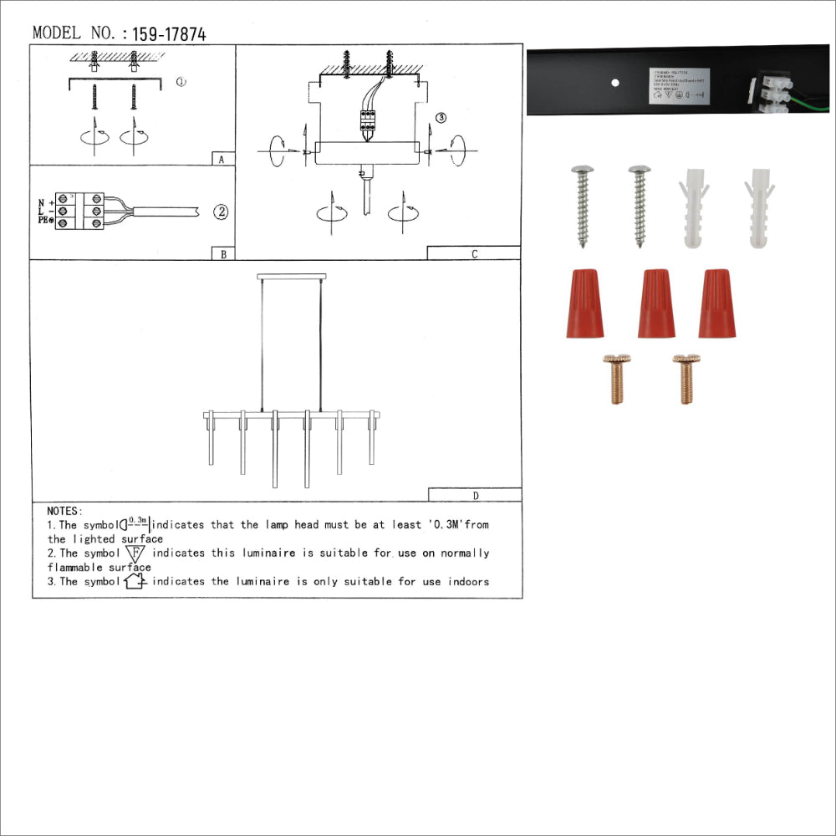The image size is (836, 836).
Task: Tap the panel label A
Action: [x=220, y=159]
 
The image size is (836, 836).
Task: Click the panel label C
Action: [x=474, y=254]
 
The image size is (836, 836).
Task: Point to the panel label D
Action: [x=475, y=495]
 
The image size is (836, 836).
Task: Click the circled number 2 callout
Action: [x=221, y=212]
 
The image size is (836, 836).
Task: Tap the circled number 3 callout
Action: [x=442, y=118]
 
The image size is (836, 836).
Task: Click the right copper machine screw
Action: [x=686, y=379]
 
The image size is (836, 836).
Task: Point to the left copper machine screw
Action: [x=617, y=379]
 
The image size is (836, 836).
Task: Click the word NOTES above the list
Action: [x=64, y=511]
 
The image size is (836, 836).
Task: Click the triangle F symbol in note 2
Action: [x=135, y=553]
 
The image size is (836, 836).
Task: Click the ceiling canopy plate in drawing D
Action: [x=291, y=276]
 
